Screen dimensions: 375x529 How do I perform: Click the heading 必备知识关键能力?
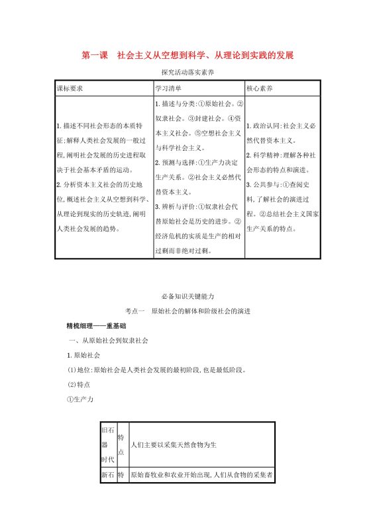[x=188, y=296]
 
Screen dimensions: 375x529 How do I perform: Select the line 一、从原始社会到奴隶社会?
[x=109, y=341]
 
